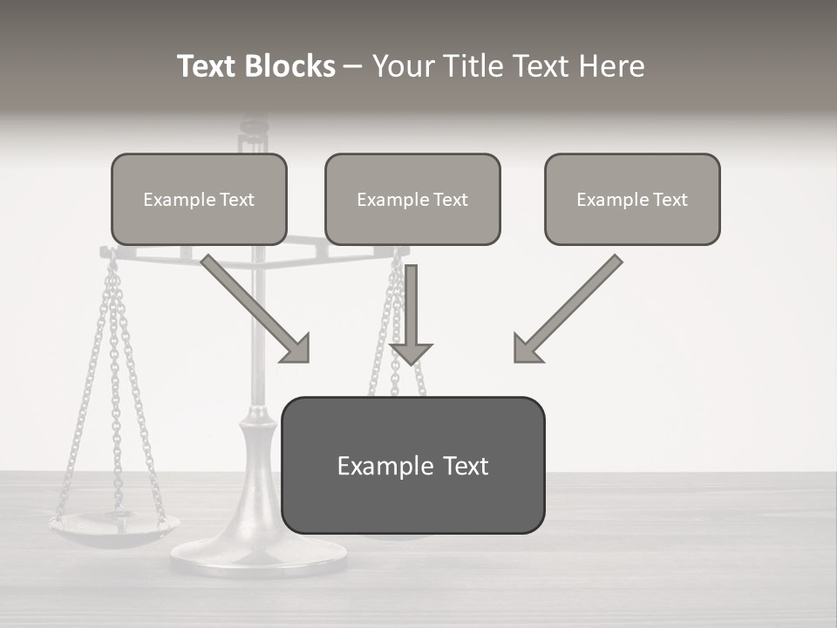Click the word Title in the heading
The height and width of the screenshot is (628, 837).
pos(477,66)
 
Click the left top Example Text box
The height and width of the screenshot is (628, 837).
pos(199,199)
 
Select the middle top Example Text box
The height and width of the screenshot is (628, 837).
pos(412,199)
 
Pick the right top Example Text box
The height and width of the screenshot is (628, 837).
pos(632,199)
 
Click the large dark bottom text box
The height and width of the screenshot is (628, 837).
pos(412,465)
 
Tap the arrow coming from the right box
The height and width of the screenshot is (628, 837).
pos(571,305)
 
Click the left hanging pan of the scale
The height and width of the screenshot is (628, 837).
pos(113,528)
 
